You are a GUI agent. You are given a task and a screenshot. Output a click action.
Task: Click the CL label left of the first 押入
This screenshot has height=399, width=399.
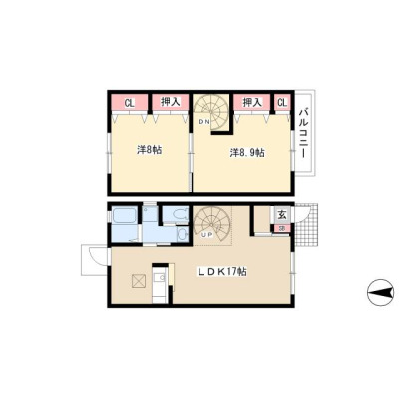(129, 103)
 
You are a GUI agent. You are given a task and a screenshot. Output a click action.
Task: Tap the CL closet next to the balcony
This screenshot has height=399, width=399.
(282, 103)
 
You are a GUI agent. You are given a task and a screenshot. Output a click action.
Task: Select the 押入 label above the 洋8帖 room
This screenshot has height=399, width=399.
(171, 102)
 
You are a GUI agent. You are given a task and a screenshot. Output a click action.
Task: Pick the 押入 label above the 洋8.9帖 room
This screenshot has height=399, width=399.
(252, 102)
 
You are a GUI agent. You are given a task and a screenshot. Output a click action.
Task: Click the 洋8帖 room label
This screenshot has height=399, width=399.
(150, 150)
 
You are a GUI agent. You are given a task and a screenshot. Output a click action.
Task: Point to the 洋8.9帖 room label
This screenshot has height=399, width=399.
(247, 153)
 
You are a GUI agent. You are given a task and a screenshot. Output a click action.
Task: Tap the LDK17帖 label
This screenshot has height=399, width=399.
(222, 272)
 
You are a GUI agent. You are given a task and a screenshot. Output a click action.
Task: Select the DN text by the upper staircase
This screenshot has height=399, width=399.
(203, 122)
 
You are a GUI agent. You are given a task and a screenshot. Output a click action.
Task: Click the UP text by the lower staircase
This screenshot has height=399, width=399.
(207, 235)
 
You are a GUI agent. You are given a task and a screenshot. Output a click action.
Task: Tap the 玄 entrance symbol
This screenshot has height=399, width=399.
(282, 215)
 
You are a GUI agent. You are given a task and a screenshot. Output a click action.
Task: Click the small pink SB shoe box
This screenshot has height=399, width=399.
(282, 228)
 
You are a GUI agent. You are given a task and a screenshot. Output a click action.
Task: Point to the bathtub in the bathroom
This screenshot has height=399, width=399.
(125, 216)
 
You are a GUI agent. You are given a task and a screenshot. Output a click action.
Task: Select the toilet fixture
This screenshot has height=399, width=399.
(176, 215)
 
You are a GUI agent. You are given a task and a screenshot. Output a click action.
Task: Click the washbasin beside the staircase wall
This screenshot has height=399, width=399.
(183, 235)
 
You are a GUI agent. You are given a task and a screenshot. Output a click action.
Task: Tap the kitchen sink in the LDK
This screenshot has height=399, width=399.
(161, 277)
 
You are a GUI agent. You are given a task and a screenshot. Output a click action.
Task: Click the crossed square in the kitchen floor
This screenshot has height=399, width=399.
(139, 281)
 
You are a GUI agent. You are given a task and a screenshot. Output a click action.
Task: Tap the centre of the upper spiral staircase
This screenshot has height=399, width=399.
(210, 111)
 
